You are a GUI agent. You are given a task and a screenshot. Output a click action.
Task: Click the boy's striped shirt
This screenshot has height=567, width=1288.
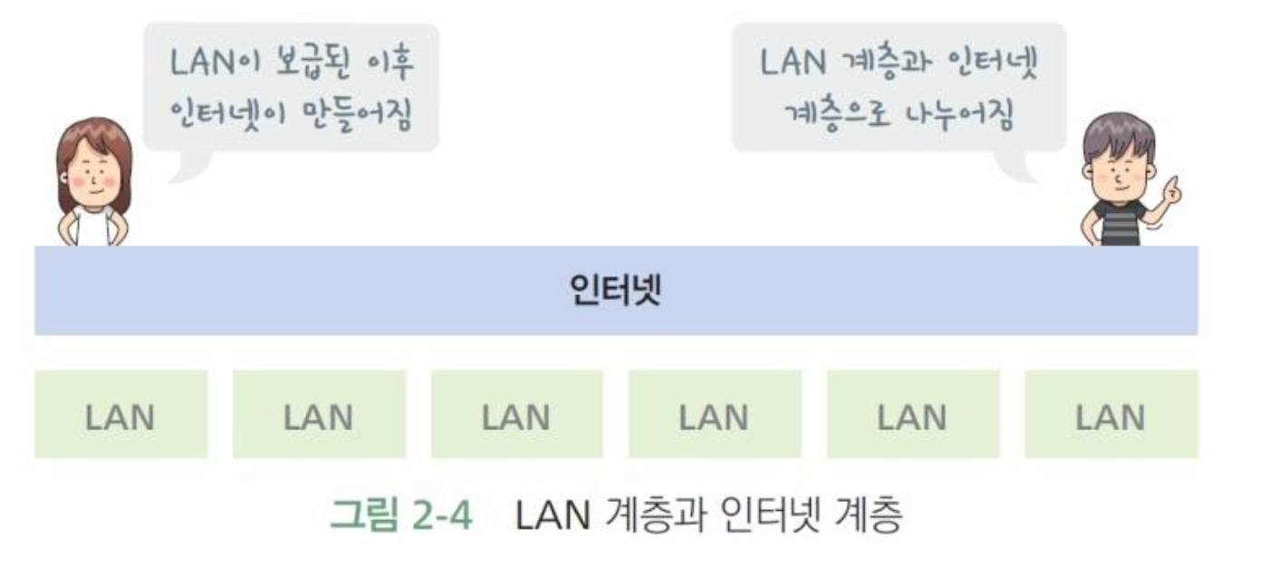click(1120, 223)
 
